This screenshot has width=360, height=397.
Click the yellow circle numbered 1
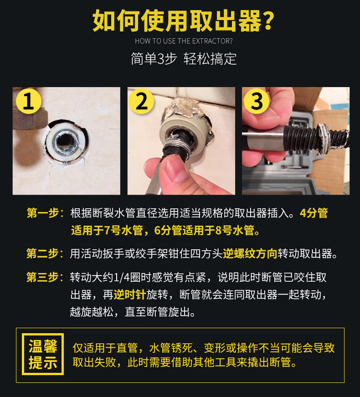(29, 101)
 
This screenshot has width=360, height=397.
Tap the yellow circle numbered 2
(141, 101)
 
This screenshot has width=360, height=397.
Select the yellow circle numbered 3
(257, 101)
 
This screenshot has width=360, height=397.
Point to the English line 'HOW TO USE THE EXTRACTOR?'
(184, 41)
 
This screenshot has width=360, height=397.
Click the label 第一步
(43, 213)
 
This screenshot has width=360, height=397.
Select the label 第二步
(43, 253)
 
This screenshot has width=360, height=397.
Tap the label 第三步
(43, 277)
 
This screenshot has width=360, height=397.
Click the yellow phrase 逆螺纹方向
(250, 253)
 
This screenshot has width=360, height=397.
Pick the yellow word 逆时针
(130, 295)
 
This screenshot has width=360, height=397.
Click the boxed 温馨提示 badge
(43, 354)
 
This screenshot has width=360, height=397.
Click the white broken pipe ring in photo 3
(324, 138)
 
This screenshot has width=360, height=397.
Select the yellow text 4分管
(314, 213)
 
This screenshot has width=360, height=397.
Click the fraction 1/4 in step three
(122, 278)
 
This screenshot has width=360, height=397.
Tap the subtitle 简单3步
(154, 59)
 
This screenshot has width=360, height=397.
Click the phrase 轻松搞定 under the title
(210, 59)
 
